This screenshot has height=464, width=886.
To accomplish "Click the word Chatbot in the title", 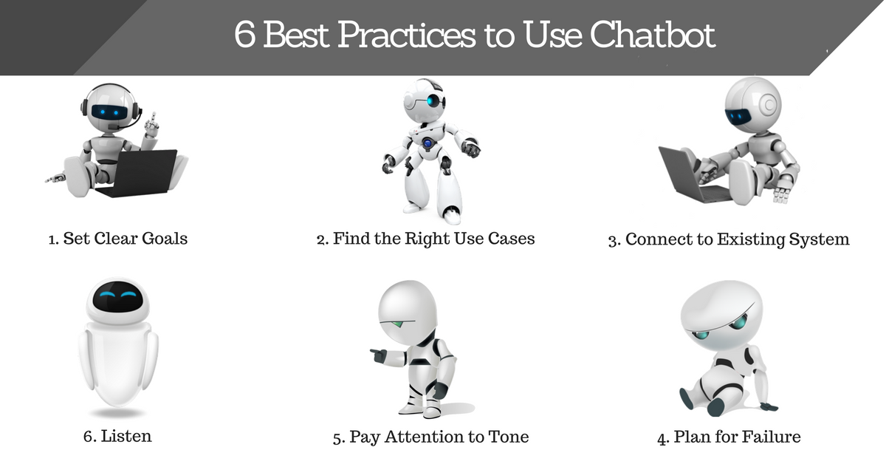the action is [x=653, y=35].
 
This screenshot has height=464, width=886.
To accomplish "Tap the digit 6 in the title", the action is [x=244, y=35].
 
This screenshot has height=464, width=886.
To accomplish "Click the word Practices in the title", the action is [x=406, y=35].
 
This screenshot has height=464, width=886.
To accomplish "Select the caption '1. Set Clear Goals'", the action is [x=118, y=239].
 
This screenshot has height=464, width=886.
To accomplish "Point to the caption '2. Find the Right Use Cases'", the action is [x=425, y=239].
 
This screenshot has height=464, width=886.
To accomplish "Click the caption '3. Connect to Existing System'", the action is [x=729, y=239].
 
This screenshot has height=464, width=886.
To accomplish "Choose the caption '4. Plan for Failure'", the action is [x=729, y=437].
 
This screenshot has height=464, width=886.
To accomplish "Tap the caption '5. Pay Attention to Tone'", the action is [x=430, y=437].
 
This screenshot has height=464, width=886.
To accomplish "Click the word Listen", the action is [x=126, y=436].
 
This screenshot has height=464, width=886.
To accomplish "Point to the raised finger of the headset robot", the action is [x=154, y=118].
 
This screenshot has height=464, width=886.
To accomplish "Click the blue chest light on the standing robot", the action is [x=427, y=143].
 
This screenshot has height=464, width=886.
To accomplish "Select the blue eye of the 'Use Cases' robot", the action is [x=434, y=101].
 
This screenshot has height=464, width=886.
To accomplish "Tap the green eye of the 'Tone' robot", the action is [x=398, y=324].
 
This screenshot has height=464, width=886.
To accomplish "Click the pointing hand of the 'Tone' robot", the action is [x=379, y=355].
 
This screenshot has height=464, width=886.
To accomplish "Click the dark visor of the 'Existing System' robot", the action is [x=738, y=117].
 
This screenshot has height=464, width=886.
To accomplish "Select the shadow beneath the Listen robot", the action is [x=117, y=413].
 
